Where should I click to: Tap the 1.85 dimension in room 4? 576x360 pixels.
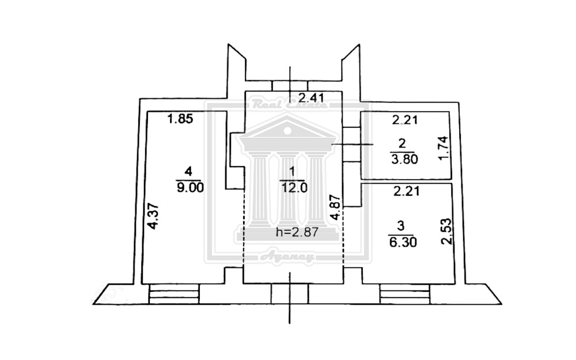[179, 120]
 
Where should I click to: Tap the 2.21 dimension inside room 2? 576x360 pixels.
[406, 121]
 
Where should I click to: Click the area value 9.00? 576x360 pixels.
[190, 187]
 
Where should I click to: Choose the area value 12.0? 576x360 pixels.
[292, 187]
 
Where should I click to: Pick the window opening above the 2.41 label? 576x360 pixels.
[290, 86]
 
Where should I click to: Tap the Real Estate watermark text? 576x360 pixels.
[289, 105]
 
